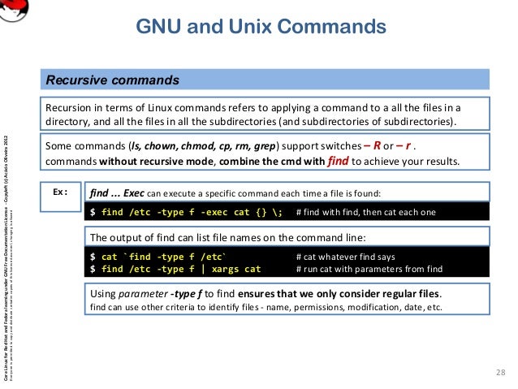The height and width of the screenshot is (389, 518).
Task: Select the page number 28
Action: pos(499,372)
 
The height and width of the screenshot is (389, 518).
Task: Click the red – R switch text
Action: pos(374,145)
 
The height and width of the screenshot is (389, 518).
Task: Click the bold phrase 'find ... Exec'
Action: pos(117,193)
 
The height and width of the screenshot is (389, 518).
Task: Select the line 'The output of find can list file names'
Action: pos(227,237)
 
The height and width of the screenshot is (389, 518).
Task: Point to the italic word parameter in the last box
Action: pos(143,292)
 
